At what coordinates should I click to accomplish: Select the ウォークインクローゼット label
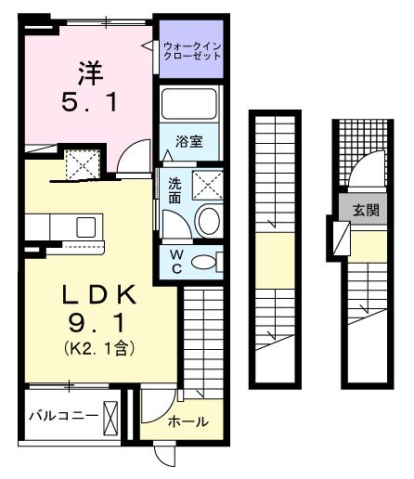[x=192, y=50]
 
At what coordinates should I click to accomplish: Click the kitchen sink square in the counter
[x=85, y=226]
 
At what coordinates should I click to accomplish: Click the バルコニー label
[x=61, y=415]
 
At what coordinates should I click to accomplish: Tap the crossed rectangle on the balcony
[x=111, y=415]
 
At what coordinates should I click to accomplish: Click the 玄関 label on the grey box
[x=365, y=211]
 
